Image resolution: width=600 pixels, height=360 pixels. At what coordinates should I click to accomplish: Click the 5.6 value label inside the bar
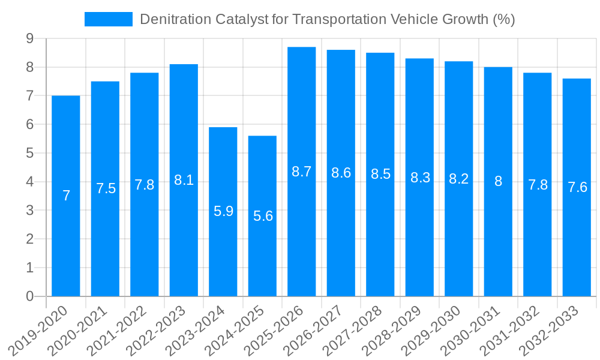click(x=263, y=216)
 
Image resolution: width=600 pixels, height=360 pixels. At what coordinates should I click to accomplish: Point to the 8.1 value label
click(x=184, y=179)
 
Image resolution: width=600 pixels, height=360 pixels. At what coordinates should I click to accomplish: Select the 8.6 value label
click(x=341, y=173)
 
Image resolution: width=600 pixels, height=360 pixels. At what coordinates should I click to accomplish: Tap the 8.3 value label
click(x=420, y=178)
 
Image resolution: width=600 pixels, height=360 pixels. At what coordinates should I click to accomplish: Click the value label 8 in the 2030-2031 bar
click(x=498, y=181)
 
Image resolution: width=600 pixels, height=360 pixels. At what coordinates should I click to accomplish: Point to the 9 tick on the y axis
click(x=29, y=39)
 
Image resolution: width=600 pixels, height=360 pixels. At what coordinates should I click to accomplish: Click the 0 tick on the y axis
click(x=29, y=296)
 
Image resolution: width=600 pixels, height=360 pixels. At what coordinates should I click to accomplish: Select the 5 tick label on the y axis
click(x=29, y=153)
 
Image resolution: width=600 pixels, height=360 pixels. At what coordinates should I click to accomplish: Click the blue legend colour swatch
click(x=109, y=19)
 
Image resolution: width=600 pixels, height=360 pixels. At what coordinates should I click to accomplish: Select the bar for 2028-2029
click(x=419, y=240)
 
